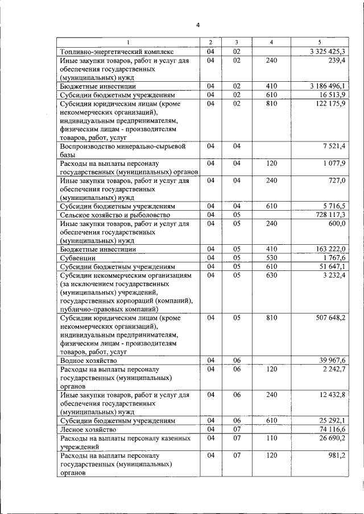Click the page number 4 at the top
pyautogui.click(x=197, y=25)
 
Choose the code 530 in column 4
pyautogui.click(x=271, y=257)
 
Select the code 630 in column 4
pyautogui.click(x=271, y=275)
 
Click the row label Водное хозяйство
pyautogui.click(x=89, y=361)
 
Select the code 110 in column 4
pyautogui.click(x=271, y=438)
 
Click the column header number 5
pyautogui.click(x=319, y=43)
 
